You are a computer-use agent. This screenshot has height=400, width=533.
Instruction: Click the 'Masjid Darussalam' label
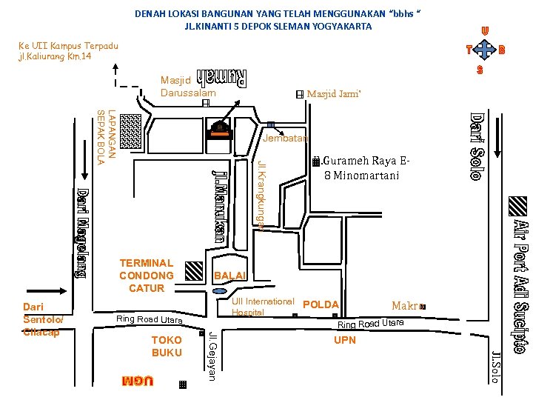(x=188, y=86)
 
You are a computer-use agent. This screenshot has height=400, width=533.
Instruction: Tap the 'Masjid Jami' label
(x=333, y=94)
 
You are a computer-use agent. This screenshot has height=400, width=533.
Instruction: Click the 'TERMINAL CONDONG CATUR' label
(x=146, y=275)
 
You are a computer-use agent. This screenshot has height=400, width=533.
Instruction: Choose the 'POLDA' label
(x=321, y=304)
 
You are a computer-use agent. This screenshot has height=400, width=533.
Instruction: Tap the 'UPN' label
(x=345, y=340)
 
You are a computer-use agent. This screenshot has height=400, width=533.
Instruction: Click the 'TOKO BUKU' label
(x=167, y=346)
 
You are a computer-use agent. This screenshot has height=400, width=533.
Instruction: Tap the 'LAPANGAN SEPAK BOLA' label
(x=107, y=137)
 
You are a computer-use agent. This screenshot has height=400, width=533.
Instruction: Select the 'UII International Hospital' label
(x=262, y=307)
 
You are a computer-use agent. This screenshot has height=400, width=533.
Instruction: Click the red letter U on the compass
(x=484, y=30)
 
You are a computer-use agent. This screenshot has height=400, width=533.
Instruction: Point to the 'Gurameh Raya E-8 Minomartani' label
(x=363, y=168)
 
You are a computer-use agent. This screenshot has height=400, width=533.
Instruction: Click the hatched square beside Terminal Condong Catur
(x=193, y=271)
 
